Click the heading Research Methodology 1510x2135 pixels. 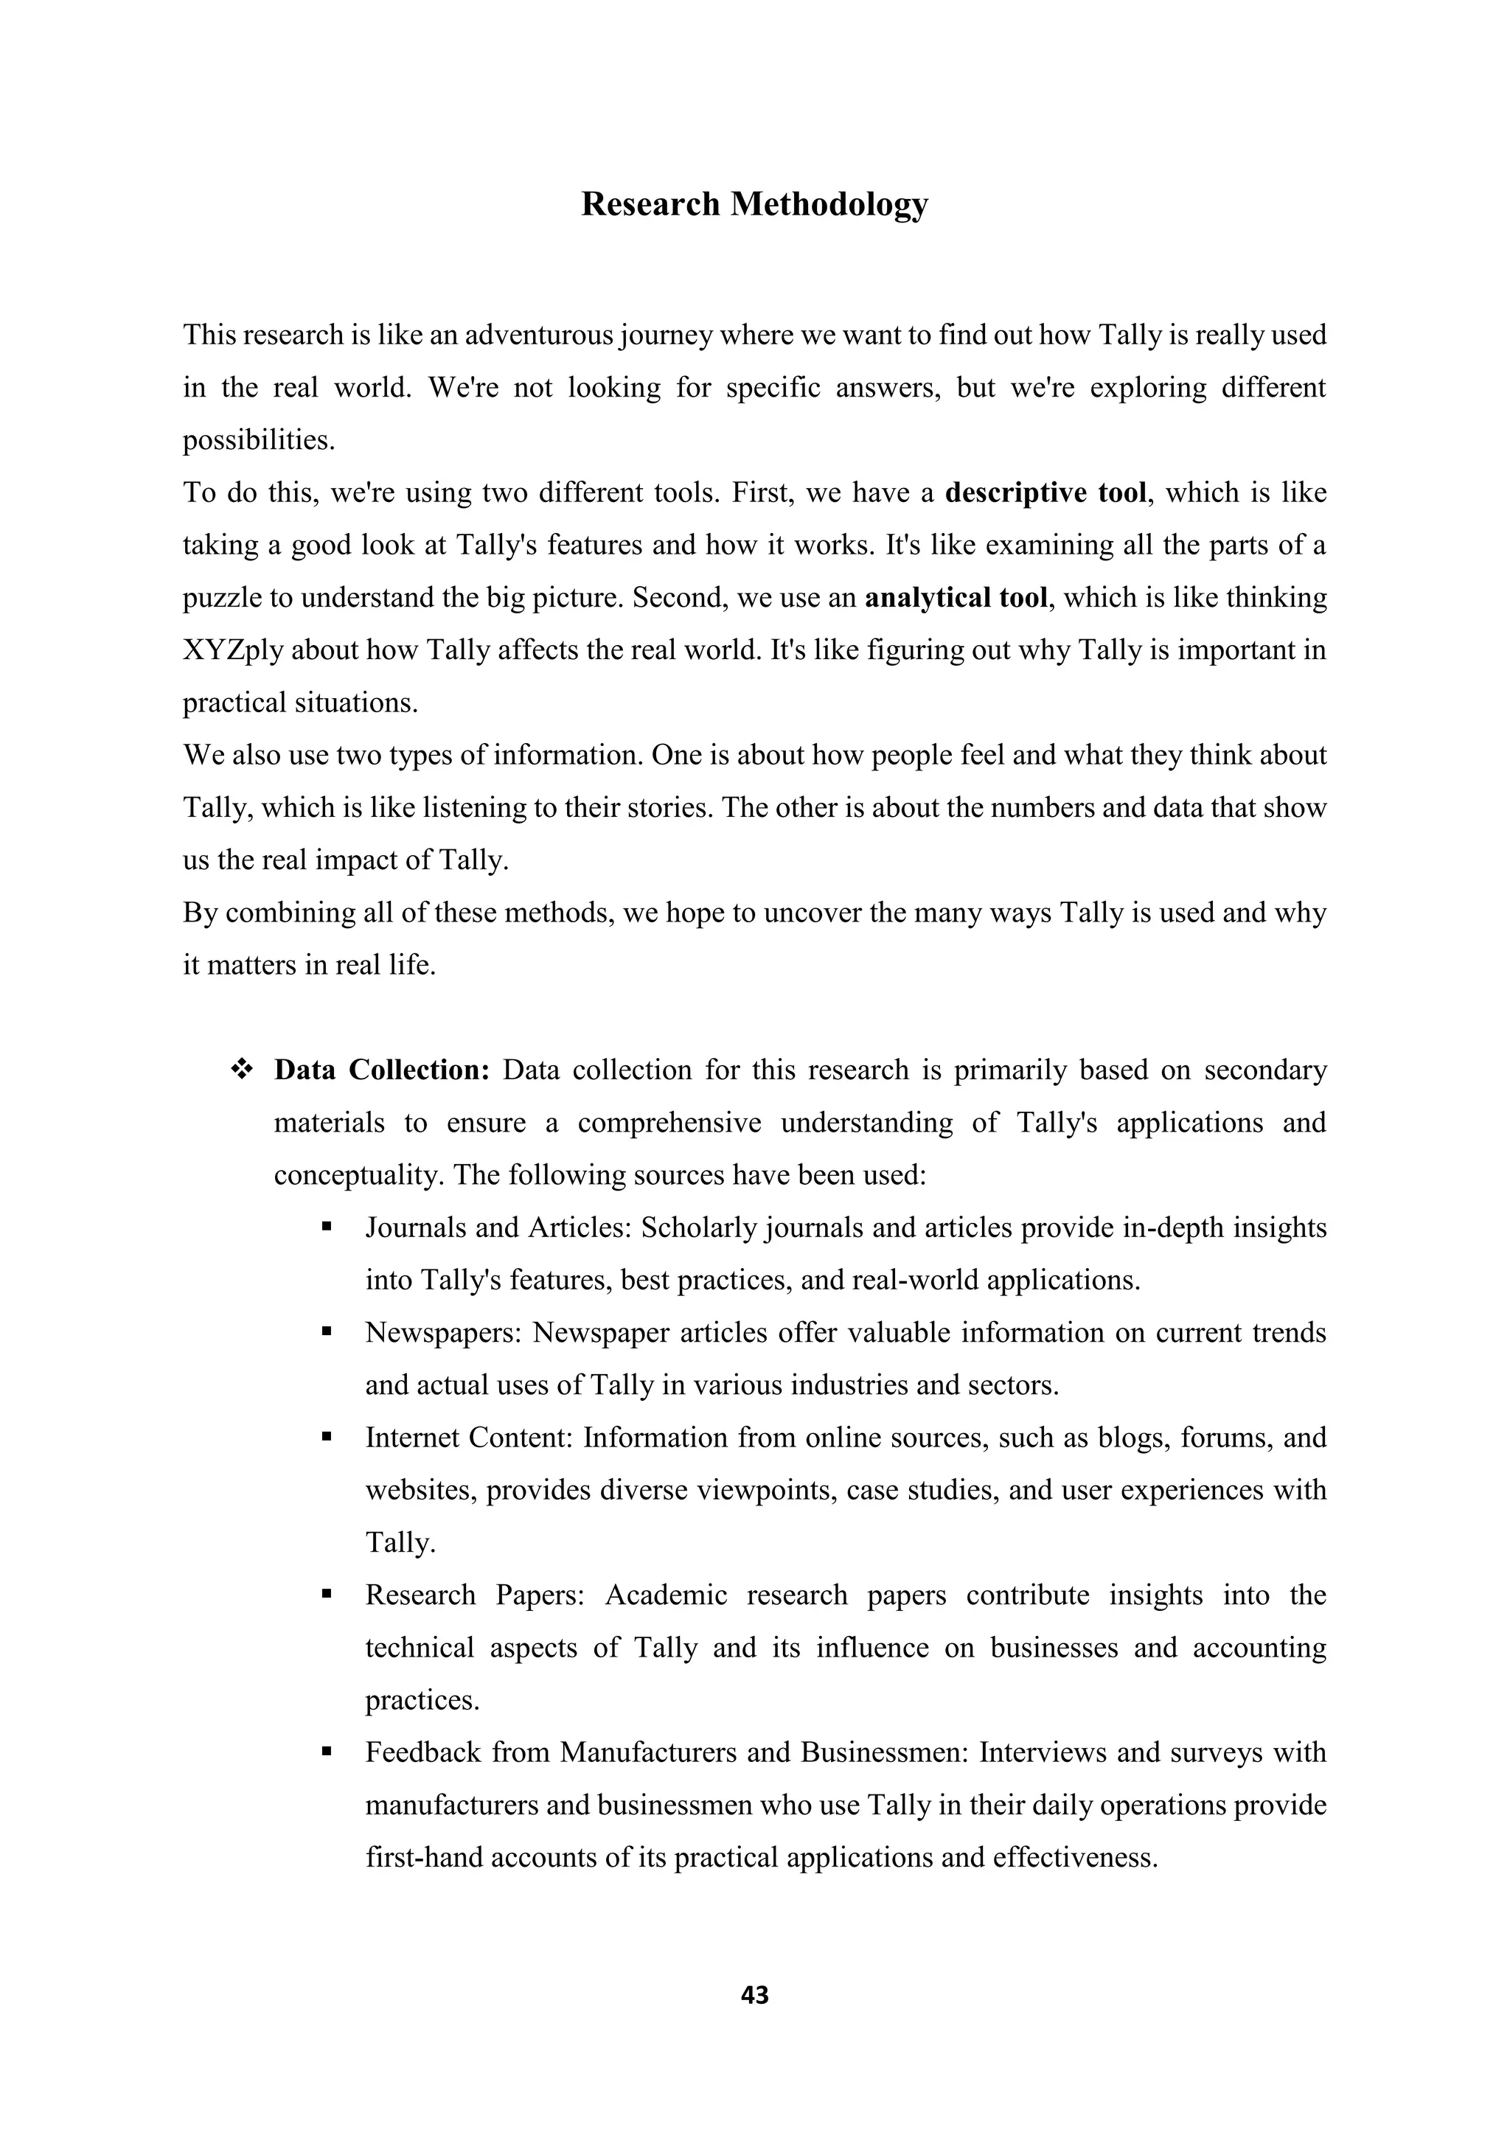click(754, 204)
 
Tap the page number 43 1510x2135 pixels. click(754, 1995)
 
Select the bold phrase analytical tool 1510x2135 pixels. click(956, 598)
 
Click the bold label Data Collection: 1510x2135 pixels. click(381, 1070)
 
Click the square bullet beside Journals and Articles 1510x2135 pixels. click(327, 1227)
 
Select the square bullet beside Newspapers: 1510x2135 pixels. click(327, 1331)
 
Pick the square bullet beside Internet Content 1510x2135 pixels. click(327, 1437)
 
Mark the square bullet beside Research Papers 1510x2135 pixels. click(327, 1594)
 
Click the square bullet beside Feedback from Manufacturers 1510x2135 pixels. click(327, 1752)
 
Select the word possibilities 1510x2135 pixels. click(257, 440)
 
